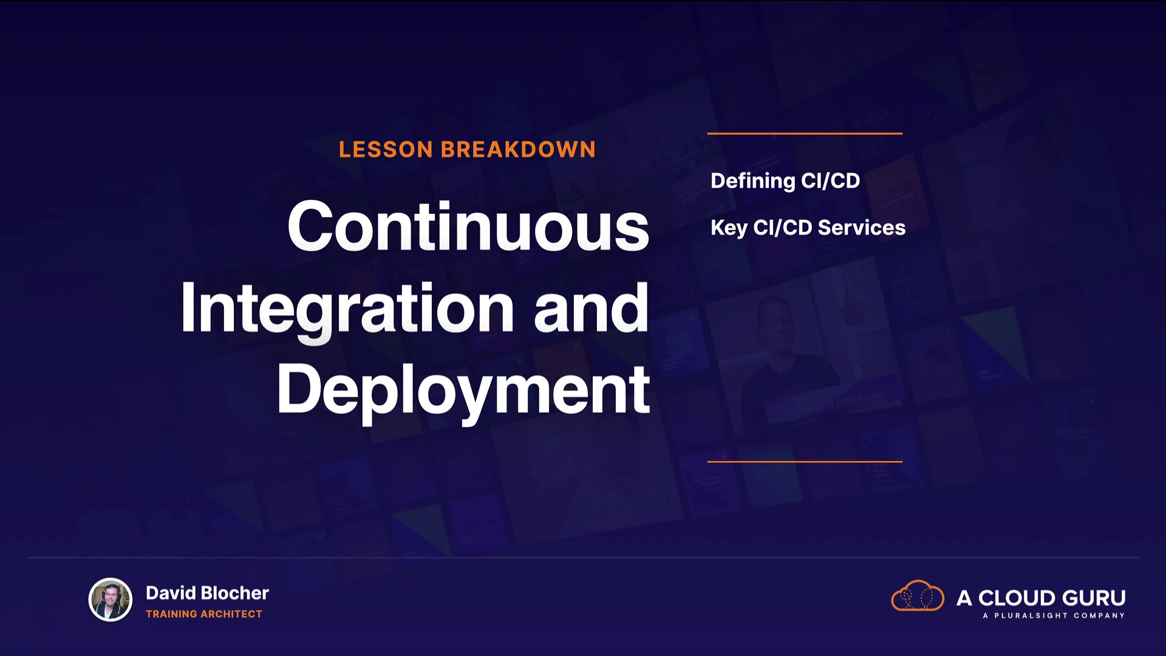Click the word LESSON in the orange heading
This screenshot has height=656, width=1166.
pyautogui.click(x=386, y=149)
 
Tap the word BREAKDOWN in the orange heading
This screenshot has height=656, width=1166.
pyautogui.click(x=518, y=149)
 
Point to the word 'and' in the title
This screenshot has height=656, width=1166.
pyautogui.click(x=591, y=308)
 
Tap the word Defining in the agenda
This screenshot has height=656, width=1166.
pyautogui.click(x=752, y=182)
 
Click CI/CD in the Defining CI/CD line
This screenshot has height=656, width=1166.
pyautogui.click(x=830, y=180)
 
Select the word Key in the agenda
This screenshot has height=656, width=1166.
pyautogui.click(x=729, y=228)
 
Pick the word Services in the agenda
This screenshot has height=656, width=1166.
pyautogui.click(x=862, y=227)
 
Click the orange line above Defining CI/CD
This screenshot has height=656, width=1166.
pyautogui.click(x=805, y=133)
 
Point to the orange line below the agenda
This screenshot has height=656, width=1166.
pyautogui.click(x=805, y=462)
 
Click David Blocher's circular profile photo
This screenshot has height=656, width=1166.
pyautogui.click(x=111, y=600)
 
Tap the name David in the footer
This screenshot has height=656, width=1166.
pyautogui.click(x=171, y=593)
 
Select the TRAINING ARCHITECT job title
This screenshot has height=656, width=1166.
pyautogui.click(x=204, y=614)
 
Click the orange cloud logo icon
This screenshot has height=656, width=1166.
pyautogui.click(x=918, y=595)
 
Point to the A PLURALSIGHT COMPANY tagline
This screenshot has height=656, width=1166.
pyautogui.click(x=1054, y=616)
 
